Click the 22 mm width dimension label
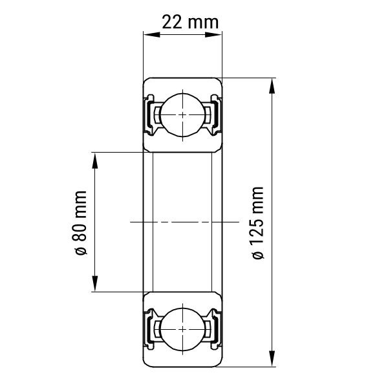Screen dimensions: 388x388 point(190,22)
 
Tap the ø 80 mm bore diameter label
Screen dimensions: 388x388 point(80,222)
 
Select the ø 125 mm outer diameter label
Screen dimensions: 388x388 point(257,222)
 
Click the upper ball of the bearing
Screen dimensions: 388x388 point(182,115)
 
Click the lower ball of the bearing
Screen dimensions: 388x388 point(182,329)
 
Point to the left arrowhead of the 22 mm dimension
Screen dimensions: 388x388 point(151,34)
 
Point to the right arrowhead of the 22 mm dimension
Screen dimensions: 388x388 point(214,34)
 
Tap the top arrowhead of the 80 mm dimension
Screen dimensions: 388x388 point(95,160)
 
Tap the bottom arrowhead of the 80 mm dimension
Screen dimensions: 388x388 point(95,284)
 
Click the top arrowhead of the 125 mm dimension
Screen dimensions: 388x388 point(272,86)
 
